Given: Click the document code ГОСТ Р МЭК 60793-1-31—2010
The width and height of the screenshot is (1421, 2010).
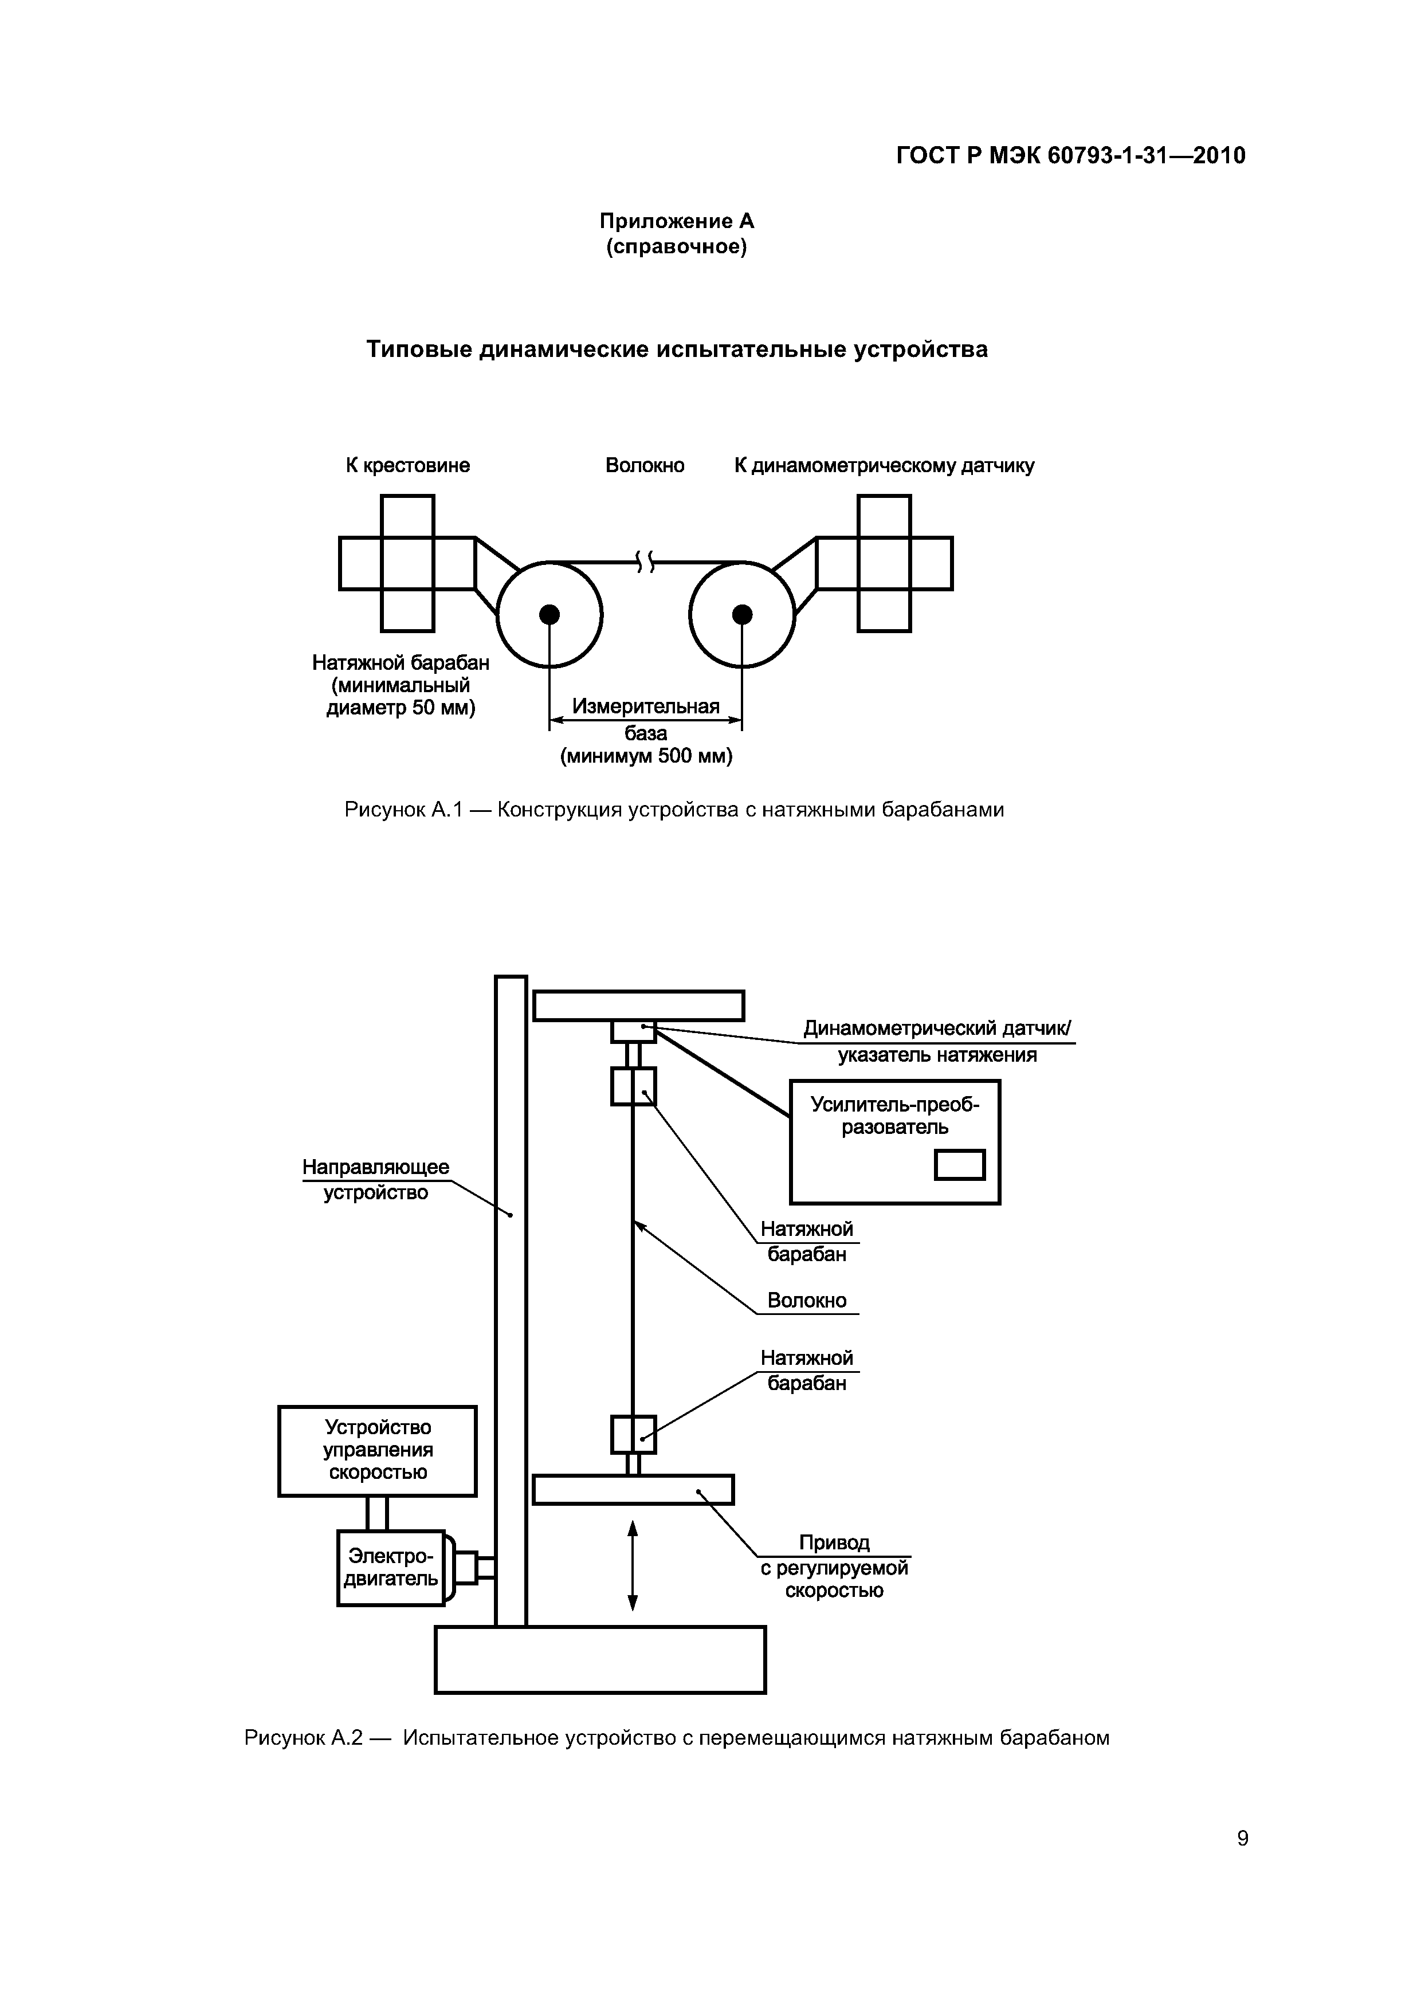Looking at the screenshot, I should point(1070,156).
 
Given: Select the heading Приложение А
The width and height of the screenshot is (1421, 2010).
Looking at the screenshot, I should point(676,221).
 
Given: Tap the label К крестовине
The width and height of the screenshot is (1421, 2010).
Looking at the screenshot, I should point(407,465).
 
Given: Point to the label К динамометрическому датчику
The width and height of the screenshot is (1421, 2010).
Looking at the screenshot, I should point(884,465).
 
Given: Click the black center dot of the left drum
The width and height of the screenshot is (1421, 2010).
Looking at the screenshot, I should point(549,615).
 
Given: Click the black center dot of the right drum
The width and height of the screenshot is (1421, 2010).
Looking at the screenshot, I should point(743,615).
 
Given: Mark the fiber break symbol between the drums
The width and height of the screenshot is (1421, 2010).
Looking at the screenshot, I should point(645,562).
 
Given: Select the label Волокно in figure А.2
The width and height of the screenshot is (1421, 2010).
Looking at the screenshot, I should point(806,1300).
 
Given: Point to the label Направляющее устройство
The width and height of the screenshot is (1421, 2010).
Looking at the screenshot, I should point(376,1179).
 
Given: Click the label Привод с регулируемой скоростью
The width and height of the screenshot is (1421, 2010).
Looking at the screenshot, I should point(834,1566).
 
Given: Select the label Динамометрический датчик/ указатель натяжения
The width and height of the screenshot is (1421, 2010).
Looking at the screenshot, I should point(937,1042).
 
